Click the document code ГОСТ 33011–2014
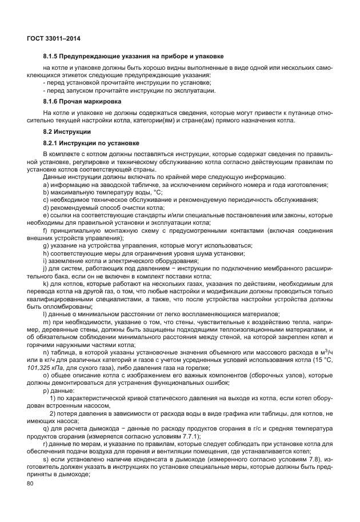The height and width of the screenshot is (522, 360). click(x=53, y=38)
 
